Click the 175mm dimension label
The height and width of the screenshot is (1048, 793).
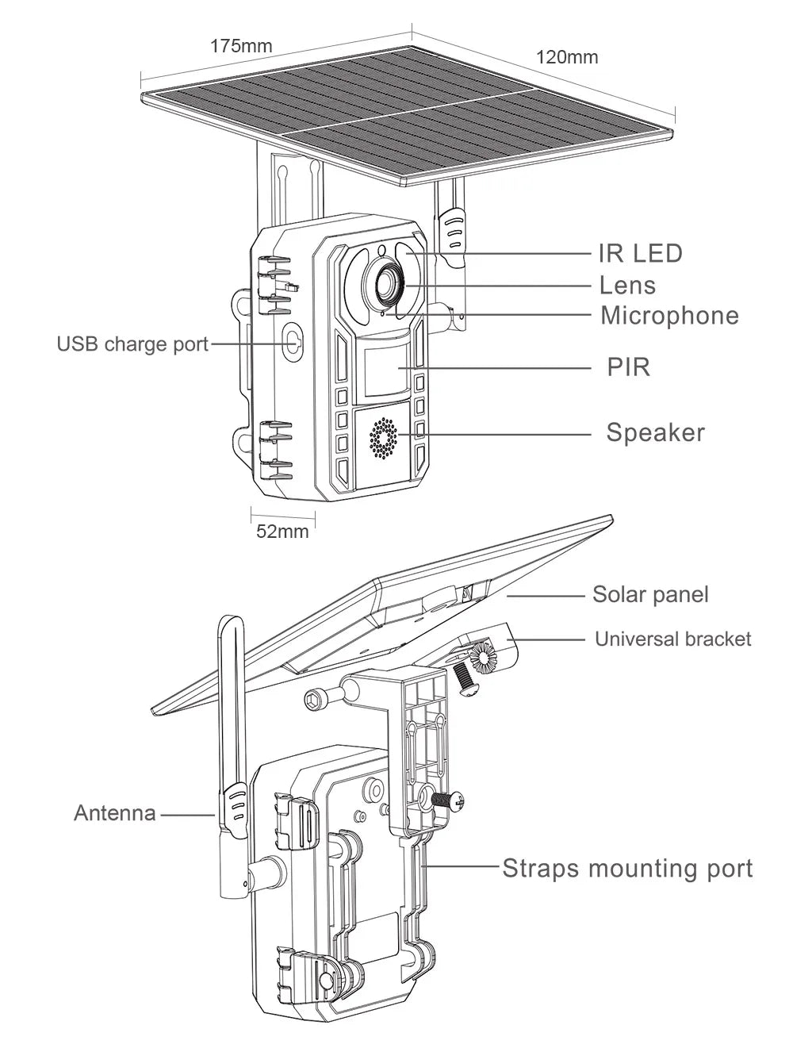240,46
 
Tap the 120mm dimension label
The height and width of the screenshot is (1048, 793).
567,57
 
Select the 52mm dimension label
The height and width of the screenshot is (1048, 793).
282,532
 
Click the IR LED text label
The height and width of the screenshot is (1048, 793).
640,254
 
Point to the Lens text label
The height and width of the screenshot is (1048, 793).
627,285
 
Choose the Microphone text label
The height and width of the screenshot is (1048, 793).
669,316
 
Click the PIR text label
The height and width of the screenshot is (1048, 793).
628,367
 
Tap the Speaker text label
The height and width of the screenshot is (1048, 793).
655,432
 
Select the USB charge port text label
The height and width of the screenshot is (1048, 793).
132,344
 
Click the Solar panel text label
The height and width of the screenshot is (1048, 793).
650,594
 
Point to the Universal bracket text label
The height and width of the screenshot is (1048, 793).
672,639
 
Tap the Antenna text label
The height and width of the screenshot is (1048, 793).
115,813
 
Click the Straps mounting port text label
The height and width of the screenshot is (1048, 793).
627,868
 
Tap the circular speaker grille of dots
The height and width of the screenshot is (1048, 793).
383,438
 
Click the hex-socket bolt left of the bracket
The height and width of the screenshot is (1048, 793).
317,697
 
